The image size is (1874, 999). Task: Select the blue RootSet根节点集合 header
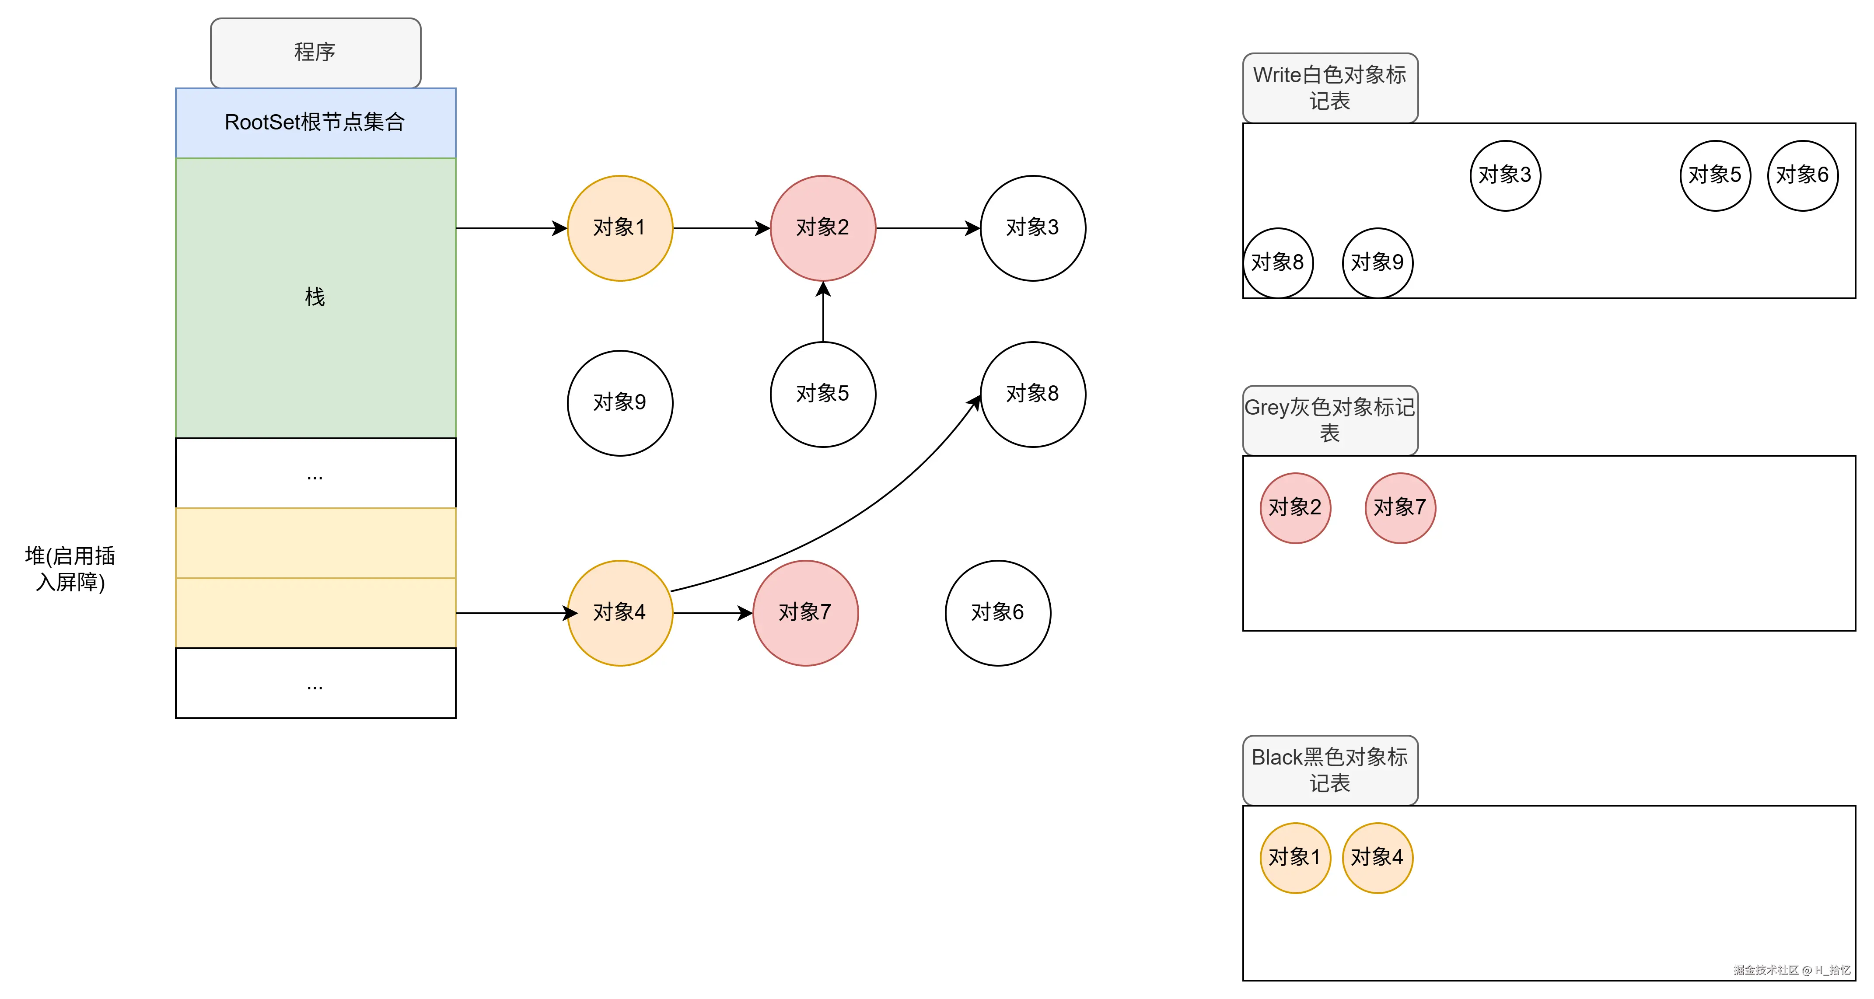[x=315, y=122]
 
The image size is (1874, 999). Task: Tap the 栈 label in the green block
[x=315, y=297]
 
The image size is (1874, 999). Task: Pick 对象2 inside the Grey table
[x=1295, y=507]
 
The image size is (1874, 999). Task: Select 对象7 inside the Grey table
[x=1400, y=507]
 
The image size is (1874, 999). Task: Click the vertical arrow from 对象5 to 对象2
[x=823, y=313]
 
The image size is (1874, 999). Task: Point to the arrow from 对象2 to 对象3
[x=927, y=228]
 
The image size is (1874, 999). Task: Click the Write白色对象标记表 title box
[x=1330, y=87]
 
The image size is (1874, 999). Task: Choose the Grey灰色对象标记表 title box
[x=1330, y=420]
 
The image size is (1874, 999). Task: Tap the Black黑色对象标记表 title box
[x=1330, y=770]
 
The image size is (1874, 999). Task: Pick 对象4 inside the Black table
[x=1377, y=858]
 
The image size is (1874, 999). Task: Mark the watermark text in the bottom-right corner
[x=1791, y=970]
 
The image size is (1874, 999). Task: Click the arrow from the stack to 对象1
[x=509, y=228]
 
